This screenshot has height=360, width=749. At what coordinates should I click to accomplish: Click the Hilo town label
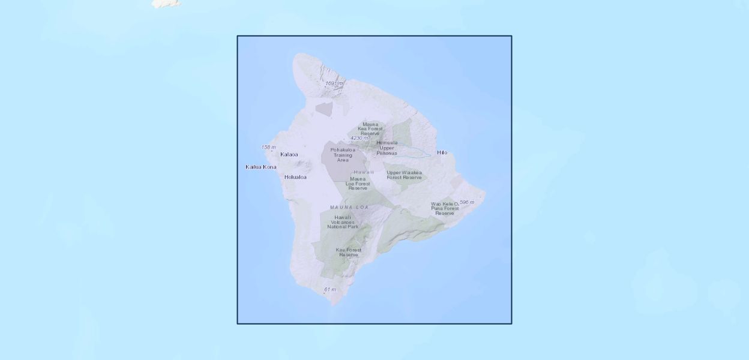442,152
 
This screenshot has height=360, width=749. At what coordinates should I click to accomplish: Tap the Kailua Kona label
261,167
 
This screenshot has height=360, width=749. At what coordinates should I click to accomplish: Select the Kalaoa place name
289,154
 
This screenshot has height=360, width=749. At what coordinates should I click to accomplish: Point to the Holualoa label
295,177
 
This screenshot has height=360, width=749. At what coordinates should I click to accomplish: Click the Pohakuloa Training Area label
343,155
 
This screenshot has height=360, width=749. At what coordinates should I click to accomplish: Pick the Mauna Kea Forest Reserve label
370,129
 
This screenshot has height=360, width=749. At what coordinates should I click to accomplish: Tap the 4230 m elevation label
359,138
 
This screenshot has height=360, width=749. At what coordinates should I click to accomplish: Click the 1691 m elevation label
335,83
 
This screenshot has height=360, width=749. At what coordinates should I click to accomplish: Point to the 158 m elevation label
268,147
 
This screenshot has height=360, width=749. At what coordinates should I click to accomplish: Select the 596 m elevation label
467,202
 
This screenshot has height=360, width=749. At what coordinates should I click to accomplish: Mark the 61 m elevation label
330,290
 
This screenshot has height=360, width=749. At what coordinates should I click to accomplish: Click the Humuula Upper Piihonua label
387,148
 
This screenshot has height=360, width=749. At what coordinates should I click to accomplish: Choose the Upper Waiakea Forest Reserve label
404,175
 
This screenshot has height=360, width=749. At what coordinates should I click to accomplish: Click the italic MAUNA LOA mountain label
349,207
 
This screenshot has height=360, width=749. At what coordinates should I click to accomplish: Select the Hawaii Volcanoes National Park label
343,222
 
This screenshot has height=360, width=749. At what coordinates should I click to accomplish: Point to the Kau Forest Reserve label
349,252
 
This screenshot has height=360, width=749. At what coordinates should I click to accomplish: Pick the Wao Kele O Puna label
445,208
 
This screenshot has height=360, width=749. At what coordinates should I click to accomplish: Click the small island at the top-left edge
166,4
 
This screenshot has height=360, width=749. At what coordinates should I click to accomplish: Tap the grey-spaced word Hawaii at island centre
364,172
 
